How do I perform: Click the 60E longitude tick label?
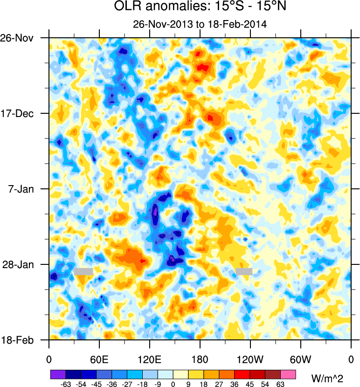[x=99, y=359]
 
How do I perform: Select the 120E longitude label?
[x=150, y=359]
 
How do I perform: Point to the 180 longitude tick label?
[x=200, y=359]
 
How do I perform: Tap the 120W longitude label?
[x=250, y=359]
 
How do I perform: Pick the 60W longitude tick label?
[x=301, y=359]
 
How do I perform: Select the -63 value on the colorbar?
[x=66, y=383]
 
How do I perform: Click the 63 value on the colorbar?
[x=281, y=383]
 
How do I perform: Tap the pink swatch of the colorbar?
[x=288, y=374]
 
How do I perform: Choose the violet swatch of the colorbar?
[x=58, y=374]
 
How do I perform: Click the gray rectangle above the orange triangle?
[x=83, y=271]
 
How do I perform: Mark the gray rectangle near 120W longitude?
[x=244, y=271]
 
